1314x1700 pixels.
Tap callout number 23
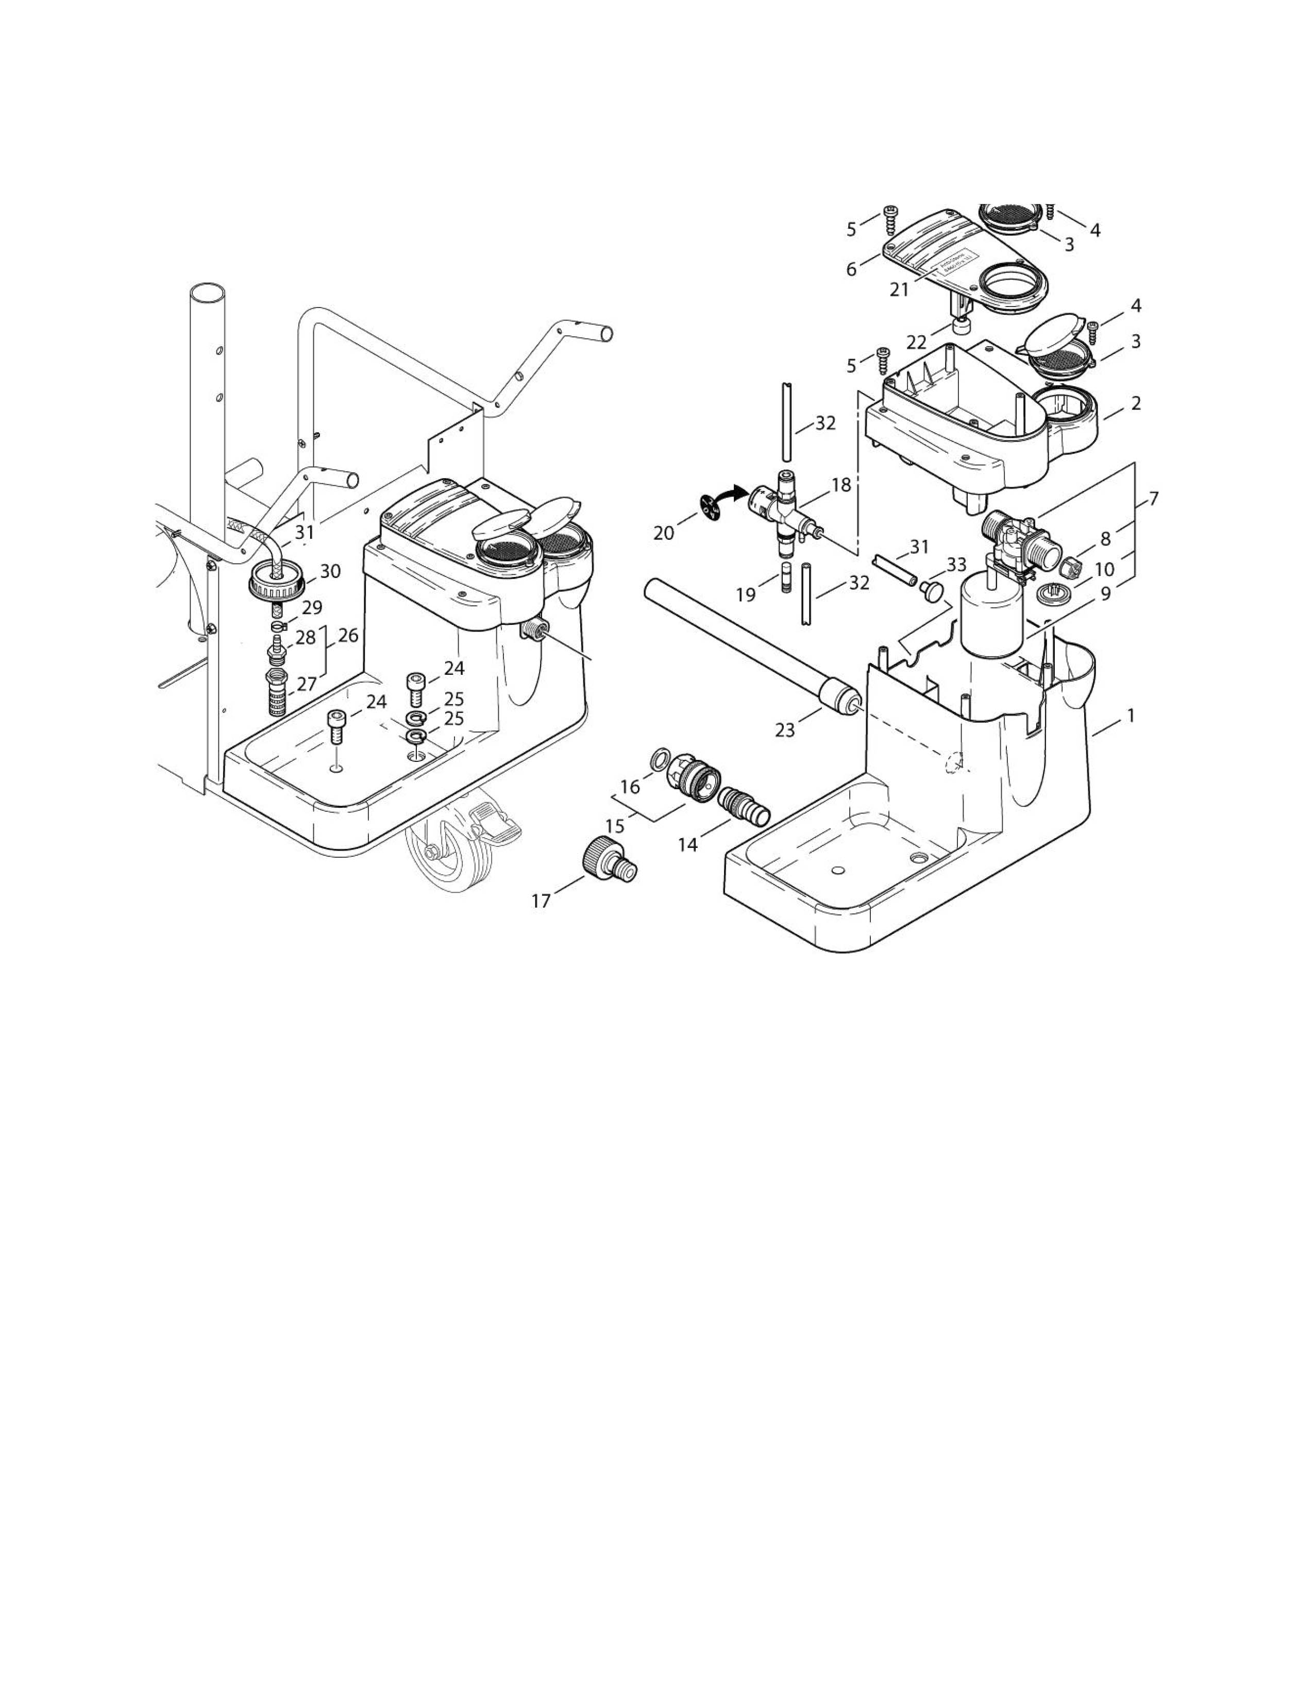pyautogui.click(x=785, y=730)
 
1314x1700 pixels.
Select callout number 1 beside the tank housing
pyautogui.click(x=1130, y=716)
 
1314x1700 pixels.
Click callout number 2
pyautogui.click(x=1136, y=403)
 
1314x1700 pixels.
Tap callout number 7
pyautogui.click(x=1153, y=499)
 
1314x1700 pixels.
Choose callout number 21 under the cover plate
pyautogui.click(x=899, y=290)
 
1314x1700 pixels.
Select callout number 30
pyautogui.click(x=330, y=571)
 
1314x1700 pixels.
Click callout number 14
pyautogui.click(x=687, y=844)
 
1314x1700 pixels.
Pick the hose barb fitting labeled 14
pyautogui.click(x=744, y=806)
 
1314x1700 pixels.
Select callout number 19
pyautogui.click(x=746, y=596)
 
